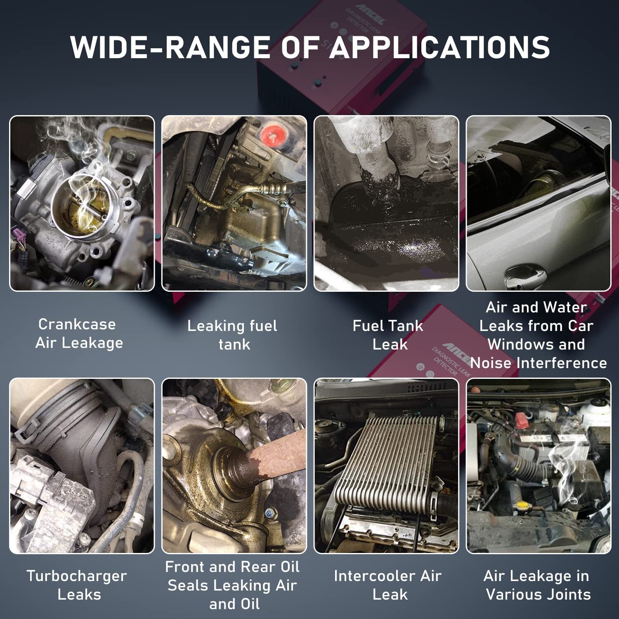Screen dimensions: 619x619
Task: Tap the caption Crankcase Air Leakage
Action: pos(79,333)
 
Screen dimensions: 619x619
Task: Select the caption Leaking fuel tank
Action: pos(232,335)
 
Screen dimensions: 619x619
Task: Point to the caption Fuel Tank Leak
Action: pos(388,335)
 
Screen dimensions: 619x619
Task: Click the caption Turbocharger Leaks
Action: pos(77,585)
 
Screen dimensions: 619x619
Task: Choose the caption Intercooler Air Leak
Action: pos(388,585)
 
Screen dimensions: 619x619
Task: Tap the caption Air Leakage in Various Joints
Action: pos(537,585)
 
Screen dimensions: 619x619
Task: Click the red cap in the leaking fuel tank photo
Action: pos(271,133)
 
